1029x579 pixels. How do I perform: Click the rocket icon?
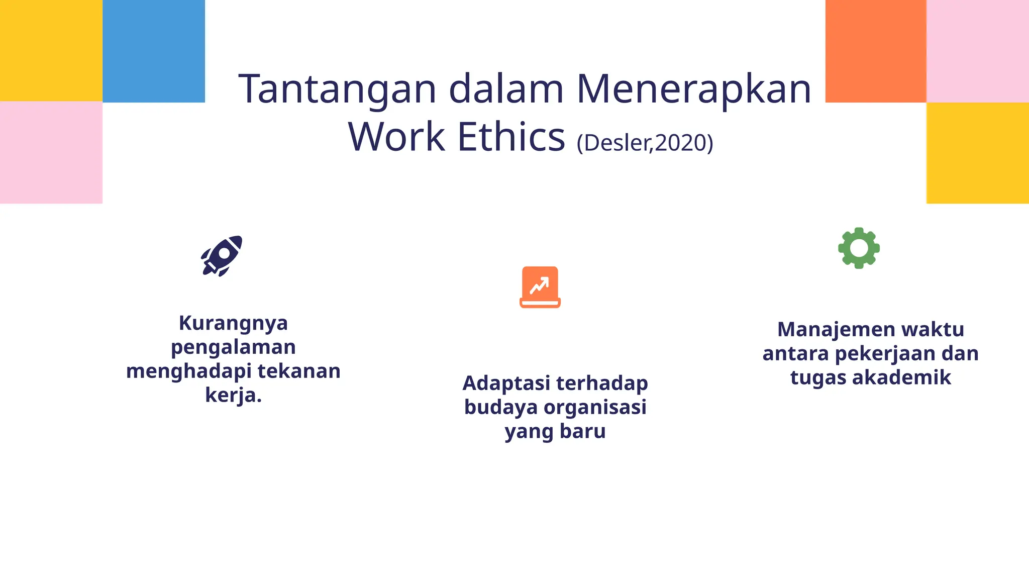point(222,255)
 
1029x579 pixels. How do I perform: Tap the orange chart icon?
point(540,287)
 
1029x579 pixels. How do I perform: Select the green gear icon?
point(859,248)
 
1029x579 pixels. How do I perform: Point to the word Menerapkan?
point(693,89)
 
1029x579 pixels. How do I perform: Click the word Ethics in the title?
point(511,137)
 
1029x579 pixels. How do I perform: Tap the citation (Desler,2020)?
point(645,143)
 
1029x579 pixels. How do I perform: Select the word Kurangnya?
point(234,323)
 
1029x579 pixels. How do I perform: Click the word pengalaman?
point(234,347)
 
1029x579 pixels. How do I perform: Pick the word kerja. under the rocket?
point(234,395)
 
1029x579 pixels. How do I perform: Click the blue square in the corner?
point(154,51)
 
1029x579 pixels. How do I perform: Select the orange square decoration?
point(876,51)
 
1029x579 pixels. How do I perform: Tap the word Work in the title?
point(396,137)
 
